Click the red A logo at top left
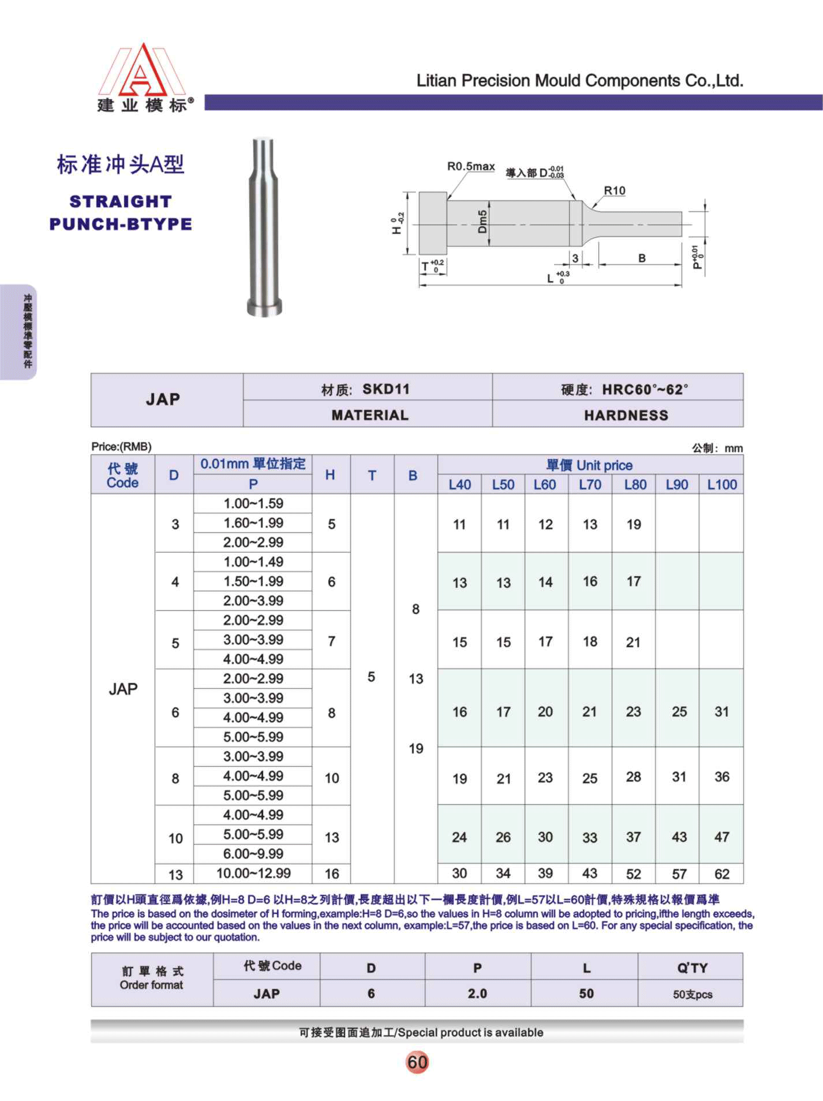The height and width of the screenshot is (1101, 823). (141, 72)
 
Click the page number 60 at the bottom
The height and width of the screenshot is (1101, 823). (417, 1062)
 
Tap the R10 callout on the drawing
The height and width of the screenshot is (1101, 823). (614, 191)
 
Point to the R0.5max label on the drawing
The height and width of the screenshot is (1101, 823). (471, 167)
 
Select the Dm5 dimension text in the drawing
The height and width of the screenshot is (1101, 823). (483, 222)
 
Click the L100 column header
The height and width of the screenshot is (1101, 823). (721, 485)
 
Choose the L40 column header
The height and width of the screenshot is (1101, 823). (459, 485)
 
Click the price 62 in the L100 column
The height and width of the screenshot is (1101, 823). (721, 874)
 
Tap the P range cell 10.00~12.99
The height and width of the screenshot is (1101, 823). (253, 873)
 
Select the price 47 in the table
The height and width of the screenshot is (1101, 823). (721, 837)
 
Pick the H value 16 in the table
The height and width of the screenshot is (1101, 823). (331, 874)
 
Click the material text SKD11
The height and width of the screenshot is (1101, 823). (386, 389)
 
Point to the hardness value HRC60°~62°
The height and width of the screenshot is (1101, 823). (645, 390)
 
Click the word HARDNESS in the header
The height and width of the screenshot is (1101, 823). (626, 415)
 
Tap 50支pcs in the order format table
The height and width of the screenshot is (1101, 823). (692, 994)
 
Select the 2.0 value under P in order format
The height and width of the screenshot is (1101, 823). (477, 994)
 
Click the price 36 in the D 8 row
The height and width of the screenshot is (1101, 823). (721, 777)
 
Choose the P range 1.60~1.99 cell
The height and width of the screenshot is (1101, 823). (253, 523)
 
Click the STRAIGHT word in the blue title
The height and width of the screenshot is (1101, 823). (121, 201)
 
